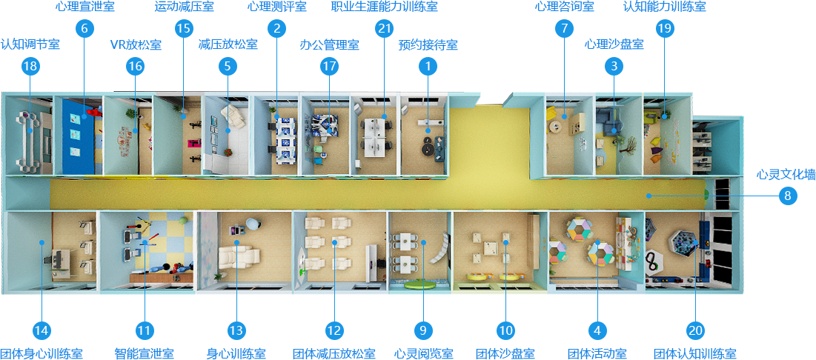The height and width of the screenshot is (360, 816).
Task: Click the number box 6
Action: coord(84,29)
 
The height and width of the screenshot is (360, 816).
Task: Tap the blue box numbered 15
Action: coord(182,29)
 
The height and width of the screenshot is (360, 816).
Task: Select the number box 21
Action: coord(384,29)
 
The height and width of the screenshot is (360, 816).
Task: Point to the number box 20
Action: coord(696,330)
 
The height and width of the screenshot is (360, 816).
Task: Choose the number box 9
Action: coord(423,330)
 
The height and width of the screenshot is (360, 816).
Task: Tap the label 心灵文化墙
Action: coord(786,175)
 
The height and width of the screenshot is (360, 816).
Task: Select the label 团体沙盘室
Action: coord(505,353)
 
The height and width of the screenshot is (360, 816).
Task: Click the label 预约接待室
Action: coord(428,44)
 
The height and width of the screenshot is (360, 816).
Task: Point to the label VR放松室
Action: coord(135,44)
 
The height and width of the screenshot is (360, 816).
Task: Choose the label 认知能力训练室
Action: coord(664,7)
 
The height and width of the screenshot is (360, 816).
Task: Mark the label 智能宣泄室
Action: coord(144,353)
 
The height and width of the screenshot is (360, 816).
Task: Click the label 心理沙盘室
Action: coord(614,44)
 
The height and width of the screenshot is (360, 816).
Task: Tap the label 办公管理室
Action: coord(329,44)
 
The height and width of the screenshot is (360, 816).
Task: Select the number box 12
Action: coord(334,330)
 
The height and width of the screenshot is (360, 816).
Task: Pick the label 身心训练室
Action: coord(236,353)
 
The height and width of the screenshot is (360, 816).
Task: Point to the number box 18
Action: coord(30,67)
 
